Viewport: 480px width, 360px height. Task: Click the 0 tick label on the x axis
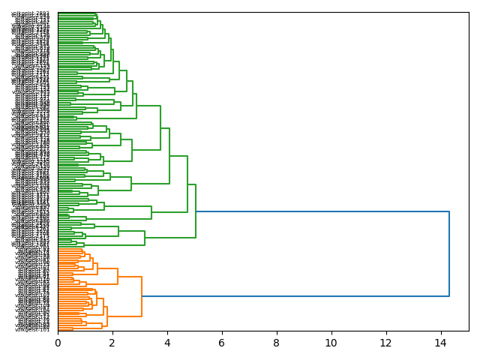coord(58,343)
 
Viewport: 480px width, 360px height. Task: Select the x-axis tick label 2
coord(112,343)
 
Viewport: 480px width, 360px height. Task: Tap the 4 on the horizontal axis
coord(167,343)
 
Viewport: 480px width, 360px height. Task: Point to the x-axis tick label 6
coord(222,343)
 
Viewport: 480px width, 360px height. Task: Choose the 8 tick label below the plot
coord(277,343)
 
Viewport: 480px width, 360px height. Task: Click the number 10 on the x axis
coord(331,343)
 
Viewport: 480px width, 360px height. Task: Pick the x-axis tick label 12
coord(385,343)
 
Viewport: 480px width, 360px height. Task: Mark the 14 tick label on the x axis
coord(440,343)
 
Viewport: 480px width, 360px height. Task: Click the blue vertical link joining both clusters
coord(449,254)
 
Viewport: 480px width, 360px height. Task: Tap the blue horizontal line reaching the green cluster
coord(322,212)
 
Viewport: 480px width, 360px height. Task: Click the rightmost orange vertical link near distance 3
coord(142,296)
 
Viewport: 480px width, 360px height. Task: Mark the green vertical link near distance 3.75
coord(160,128)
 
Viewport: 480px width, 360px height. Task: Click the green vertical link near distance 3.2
coord(145,232)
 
